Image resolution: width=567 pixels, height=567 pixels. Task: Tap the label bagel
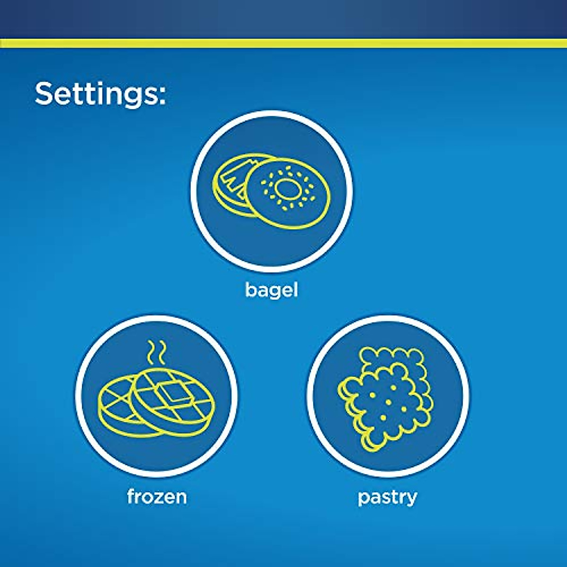(272, 291)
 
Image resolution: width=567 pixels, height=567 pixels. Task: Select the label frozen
(157, 497)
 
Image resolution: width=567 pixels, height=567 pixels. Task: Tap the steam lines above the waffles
(156, 353)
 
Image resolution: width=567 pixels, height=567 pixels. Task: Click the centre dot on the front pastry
(388, 402)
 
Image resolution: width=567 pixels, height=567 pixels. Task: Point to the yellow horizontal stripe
(283, 43)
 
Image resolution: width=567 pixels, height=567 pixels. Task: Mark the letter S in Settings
(45, 93)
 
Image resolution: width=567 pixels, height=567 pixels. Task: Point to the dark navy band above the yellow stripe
(283, 19)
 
